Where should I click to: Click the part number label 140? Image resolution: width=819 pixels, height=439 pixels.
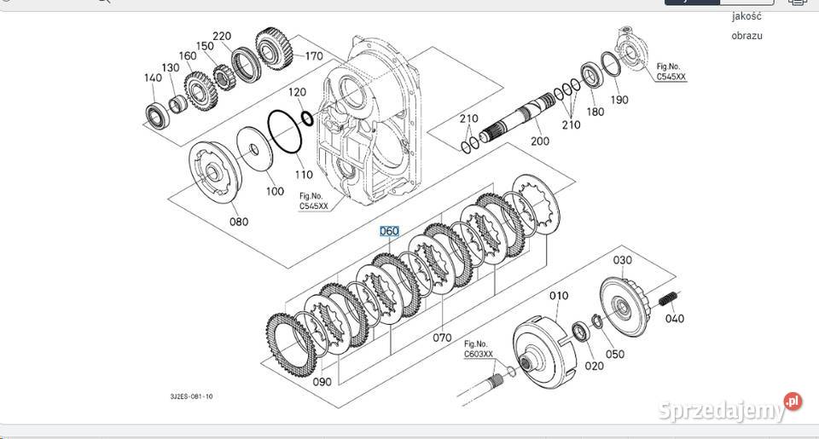click(152, 78)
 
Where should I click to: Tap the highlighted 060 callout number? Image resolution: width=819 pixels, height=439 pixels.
click(390, 231)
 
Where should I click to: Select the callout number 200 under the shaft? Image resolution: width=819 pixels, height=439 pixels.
click(539, 142)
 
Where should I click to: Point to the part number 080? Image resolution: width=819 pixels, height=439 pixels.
click(239, 222)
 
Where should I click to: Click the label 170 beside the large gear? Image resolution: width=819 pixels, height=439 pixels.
click(313, 57)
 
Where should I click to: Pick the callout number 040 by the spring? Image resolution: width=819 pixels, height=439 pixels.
click(674, 319)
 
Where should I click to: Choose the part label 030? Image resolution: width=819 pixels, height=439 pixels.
click(622, 259)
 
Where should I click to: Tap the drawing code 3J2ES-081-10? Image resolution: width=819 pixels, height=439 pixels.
click(191, 396)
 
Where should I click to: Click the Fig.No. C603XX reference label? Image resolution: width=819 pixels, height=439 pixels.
click(479, 349)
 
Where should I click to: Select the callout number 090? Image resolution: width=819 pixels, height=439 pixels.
click(322, 382)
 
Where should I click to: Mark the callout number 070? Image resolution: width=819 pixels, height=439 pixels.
click(441, 338)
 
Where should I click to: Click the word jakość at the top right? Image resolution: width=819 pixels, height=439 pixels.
click(746, 15)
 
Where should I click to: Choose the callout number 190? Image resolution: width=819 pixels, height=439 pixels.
click(619, 100)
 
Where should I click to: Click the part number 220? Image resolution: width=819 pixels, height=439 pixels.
click(222, 36)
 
